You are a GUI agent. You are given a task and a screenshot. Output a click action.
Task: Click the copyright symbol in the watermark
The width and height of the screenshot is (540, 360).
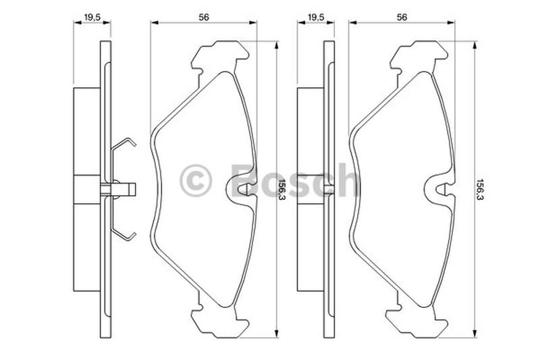pyautogui.click(x=195, y=180)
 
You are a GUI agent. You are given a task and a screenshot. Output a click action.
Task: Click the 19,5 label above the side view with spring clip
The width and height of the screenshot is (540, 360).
pyautogui.click(x=92, y=18)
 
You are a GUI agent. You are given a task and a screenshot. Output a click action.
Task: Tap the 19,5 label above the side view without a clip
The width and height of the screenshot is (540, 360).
pyautogui.click(x=316, y=18)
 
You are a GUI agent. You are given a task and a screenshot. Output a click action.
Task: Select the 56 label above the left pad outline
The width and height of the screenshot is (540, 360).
pyautogui.click(x=204, y=18)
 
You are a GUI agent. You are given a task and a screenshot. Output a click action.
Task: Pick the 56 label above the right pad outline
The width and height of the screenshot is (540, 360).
pyautogui.click(x=402, y=18)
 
